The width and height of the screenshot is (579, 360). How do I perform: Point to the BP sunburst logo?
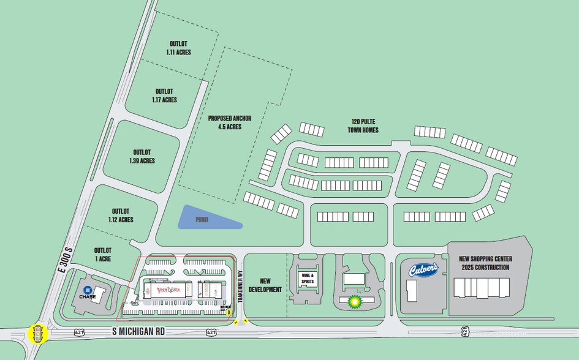tap(354, 301)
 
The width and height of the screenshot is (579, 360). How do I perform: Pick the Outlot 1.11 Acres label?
tap(178, 48)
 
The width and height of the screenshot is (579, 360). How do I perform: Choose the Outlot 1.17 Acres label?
tap(164, 95)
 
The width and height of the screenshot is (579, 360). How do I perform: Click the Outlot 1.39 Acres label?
tap(142, 156)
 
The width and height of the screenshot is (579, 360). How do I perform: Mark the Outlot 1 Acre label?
tap(103, 254)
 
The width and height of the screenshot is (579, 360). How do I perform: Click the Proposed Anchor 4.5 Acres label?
tap(225, 122)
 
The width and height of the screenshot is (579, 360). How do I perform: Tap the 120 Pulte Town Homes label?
tap(365, 126)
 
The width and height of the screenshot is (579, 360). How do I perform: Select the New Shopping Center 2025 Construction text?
tap(484, 263)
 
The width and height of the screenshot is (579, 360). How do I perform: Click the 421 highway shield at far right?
tap(465, 331)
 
